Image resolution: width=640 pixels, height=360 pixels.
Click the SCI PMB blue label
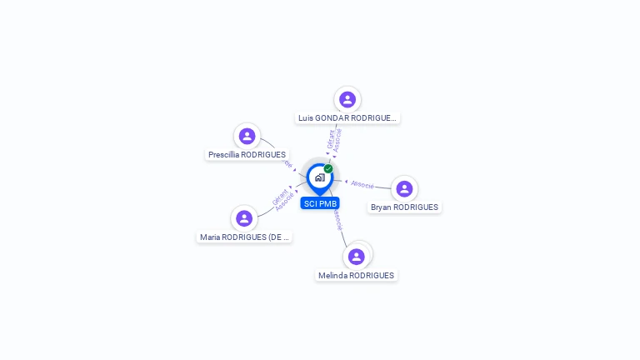320,203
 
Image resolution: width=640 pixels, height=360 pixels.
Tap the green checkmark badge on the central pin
328,169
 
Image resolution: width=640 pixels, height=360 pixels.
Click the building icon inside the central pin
319,177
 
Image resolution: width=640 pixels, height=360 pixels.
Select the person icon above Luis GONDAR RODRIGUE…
347,99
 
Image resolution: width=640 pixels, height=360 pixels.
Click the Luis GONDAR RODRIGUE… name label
348,118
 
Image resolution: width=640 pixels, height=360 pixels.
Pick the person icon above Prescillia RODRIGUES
247,136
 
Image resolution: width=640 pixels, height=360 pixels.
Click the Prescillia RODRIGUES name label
247,155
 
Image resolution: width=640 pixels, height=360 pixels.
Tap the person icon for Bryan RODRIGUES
404,189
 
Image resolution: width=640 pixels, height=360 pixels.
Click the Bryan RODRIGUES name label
404,207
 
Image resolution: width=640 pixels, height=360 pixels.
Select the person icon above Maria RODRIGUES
244,218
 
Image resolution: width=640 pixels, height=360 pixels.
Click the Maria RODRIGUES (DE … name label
244,237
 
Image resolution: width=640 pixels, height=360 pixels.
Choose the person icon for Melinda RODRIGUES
357,257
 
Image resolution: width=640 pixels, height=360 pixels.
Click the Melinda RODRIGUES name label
356,276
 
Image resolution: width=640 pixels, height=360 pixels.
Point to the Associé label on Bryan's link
362,184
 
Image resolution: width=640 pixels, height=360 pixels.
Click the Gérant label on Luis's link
331,139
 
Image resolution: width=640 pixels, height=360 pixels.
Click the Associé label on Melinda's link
336,219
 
